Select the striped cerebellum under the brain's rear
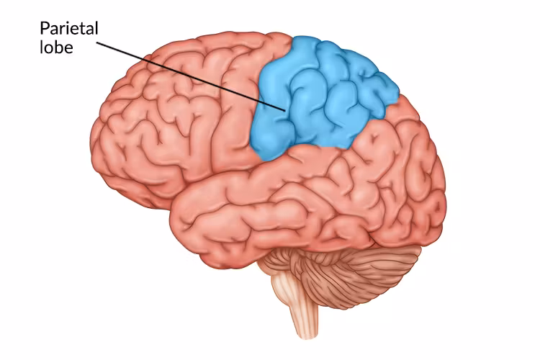[360, 270]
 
